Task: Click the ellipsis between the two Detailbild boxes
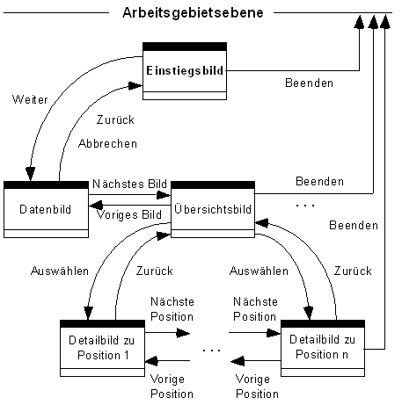pos(211,349)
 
